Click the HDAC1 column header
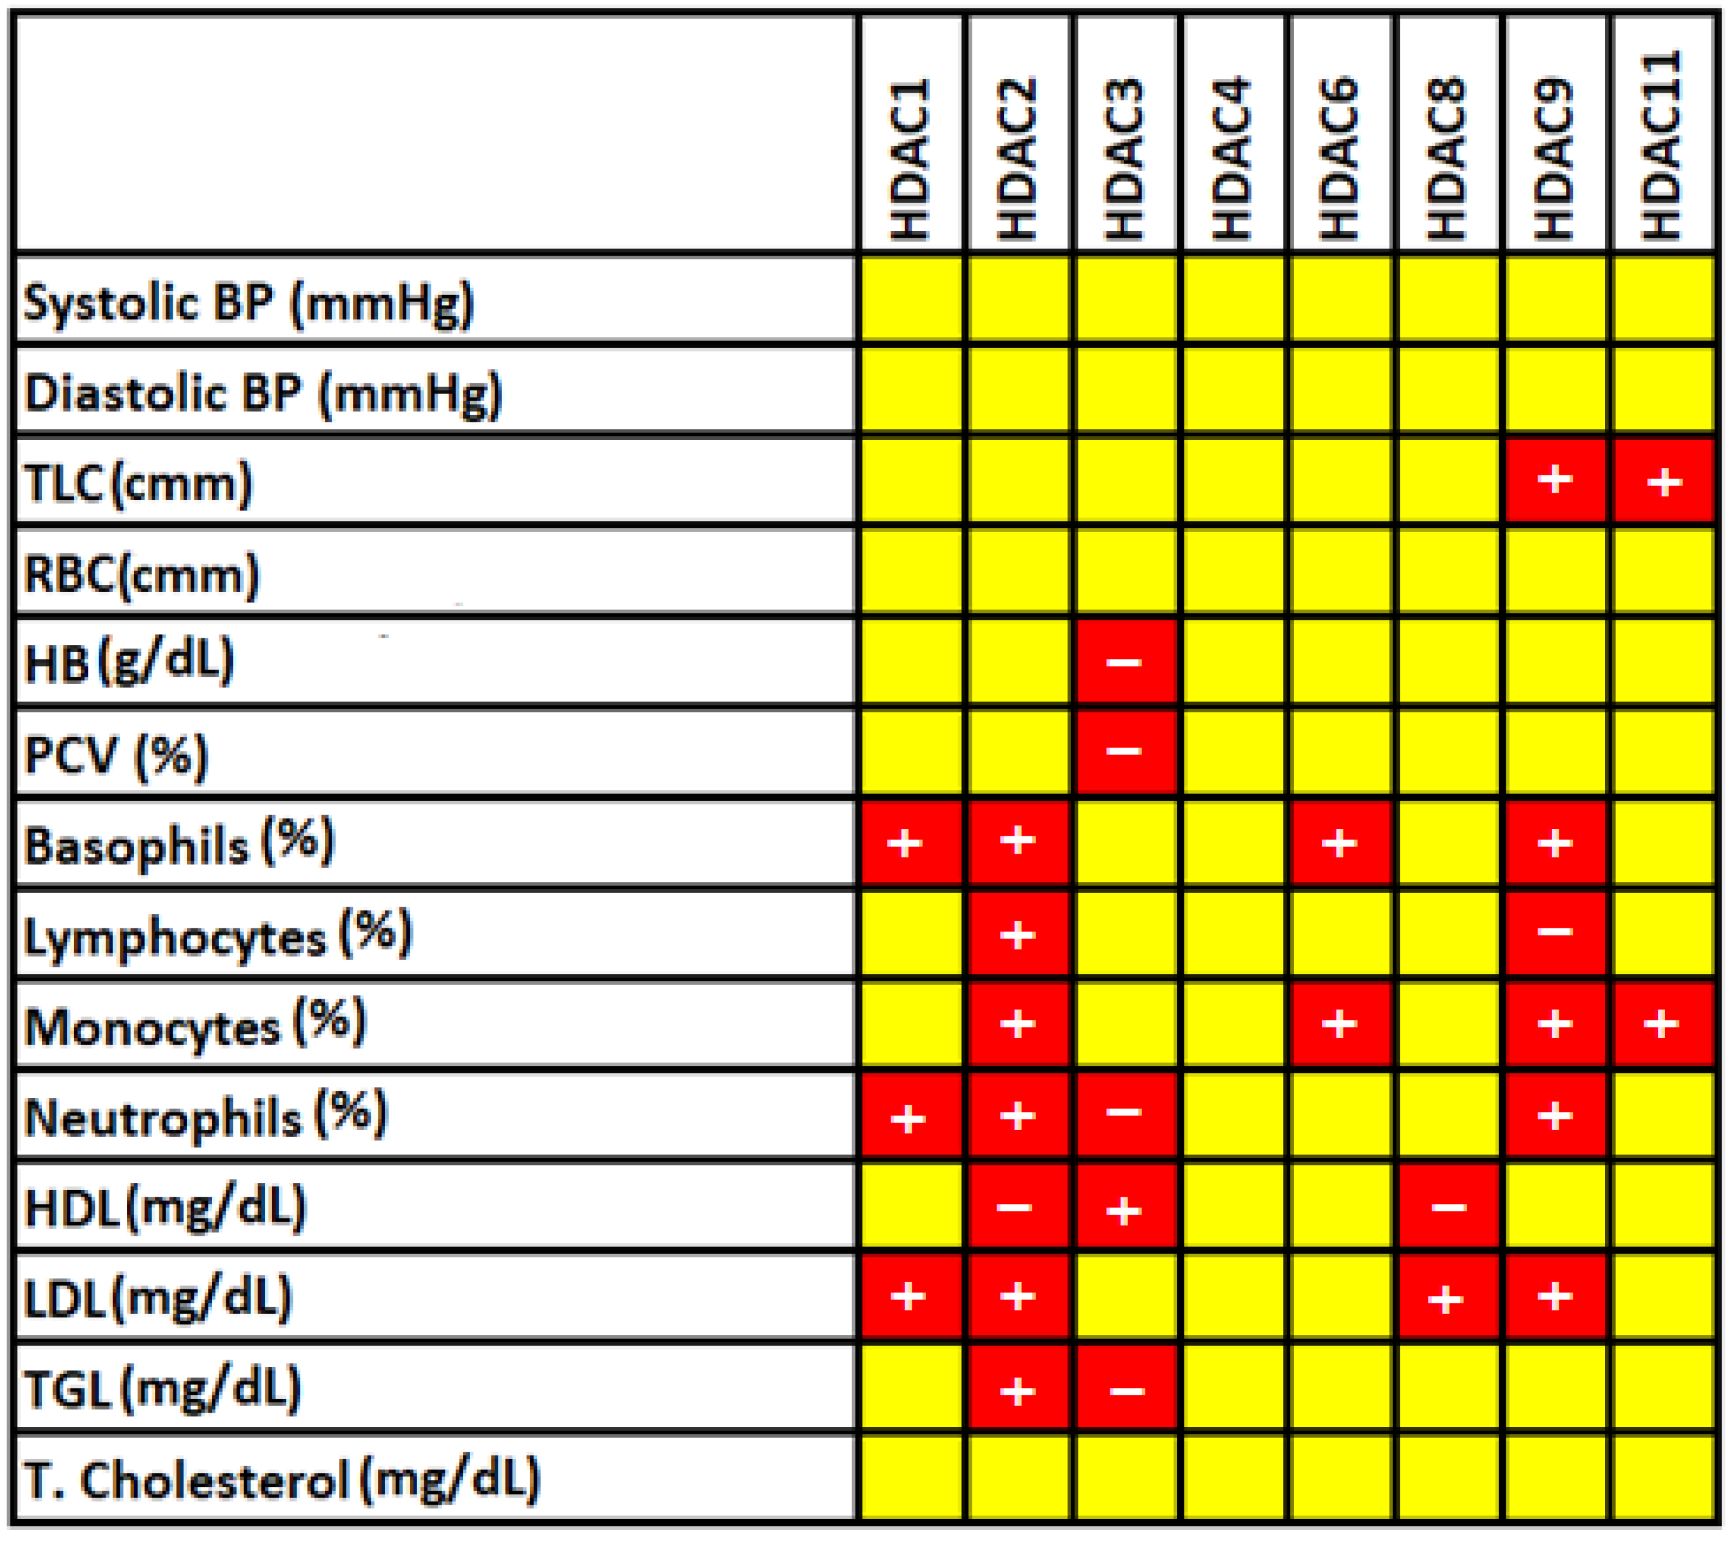[x=911, y=159]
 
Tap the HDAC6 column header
[x=1340, y=159]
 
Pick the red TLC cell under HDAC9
[x=1555, y=480]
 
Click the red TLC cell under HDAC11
[x=1664, y=480]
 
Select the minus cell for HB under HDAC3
[x=1125, y=662]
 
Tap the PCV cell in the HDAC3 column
[x=1125, y=752]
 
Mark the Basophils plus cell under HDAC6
[x=1340, y=843]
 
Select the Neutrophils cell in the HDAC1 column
[x=911, y=1115]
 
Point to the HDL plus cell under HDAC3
[x=1125, y=1206]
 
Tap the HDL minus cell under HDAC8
[x=1447, y=1206]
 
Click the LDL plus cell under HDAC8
[x=1447, y=1297]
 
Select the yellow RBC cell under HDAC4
[x=1232, y=571]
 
